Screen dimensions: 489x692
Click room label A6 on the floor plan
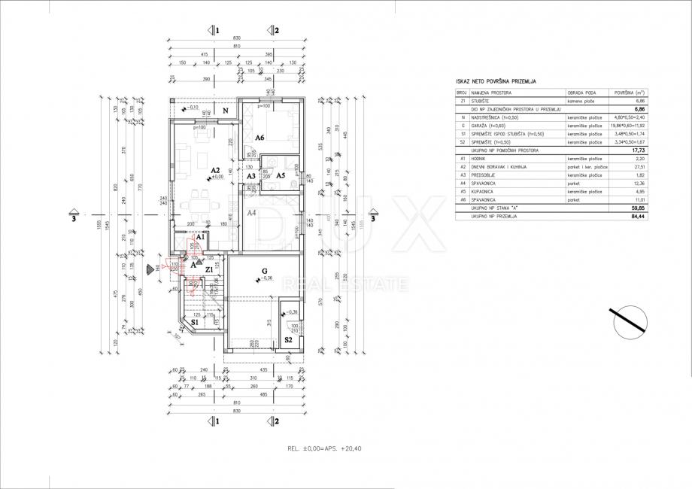[259, 138]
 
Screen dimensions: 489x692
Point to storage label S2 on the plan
[288, 340]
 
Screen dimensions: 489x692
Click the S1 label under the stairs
[194, 322]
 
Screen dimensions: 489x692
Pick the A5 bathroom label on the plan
[280, 175]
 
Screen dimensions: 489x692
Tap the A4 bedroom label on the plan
[253, 213]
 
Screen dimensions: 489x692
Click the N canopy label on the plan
[225, 110]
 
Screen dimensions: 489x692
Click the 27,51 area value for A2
[641, 166]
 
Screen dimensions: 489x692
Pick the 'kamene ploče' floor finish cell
[582, 100]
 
